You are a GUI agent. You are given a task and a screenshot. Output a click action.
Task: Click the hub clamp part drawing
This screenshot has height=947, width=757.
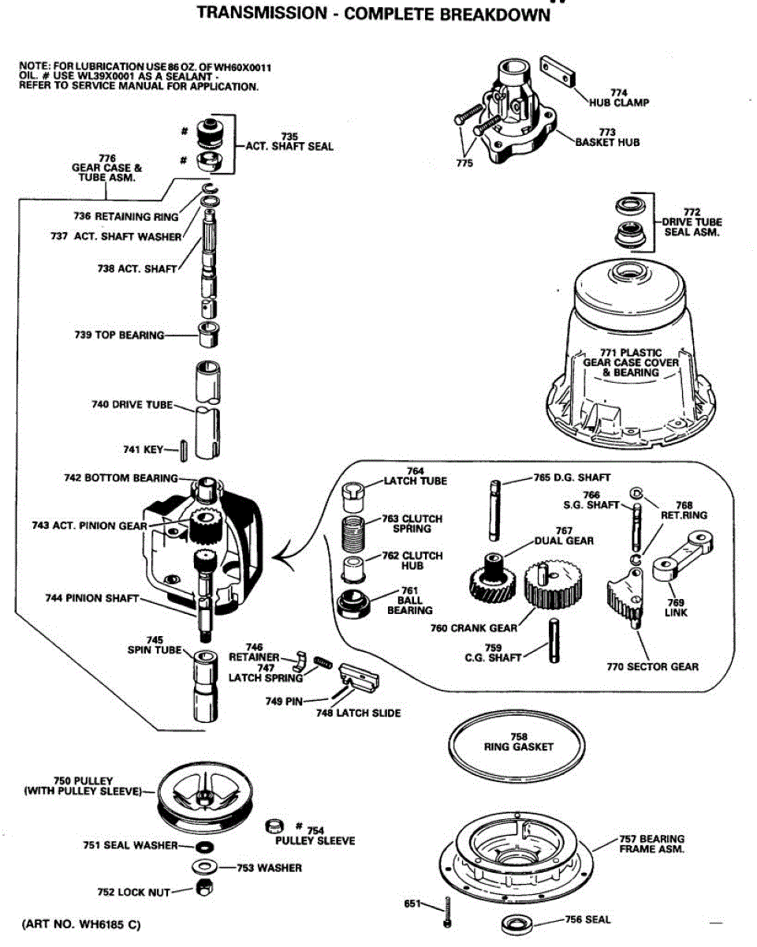pyautogui.click(x=557, y=71)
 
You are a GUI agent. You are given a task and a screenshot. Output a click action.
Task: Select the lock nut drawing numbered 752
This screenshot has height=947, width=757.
pyautogui.click(x=203, y=888)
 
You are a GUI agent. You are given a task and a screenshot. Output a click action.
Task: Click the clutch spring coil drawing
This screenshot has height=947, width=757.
pyautogui.click(x=352, y=533)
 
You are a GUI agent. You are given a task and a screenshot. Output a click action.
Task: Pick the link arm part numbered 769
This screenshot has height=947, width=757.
pyautogui.click(x=682, y=556)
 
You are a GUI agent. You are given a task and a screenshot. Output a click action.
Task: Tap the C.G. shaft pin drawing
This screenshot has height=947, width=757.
pyautogui.click(x=554, y=640)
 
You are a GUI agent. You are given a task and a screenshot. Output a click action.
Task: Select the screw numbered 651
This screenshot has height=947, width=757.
pyautogui.click(x=447, y=912)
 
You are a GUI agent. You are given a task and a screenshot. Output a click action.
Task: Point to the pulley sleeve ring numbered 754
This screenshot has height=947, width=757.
pyautogui.click(x=274, y=825)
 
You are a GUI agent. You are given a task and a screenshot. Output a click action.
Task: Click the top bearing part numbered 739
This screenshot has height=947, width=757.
pyautogui.click(x=209, y=335)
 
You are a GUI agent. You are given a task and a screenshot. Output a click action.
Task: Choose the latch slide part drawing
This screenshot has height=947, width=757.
pyautogui.click(x=358, y=676)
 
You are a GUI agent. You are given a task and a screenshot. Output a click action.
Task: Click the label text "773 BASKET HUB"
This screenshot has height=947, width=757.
pyautogui.click(x=607, y=137)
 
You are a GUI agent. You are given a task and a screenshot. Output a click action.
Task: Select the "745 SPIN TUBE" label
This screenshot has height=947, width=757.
pyautogui.click(x=155, y=645)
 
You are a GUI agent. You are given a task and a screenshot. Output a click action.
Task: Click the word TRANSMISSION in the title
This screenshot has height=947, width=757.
pyautogui.click(x=263, y=13)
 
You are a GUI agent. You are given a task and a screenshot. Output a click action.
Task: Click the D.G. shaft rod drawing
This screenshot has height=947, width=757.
pyautogui.click(x=495, y=511)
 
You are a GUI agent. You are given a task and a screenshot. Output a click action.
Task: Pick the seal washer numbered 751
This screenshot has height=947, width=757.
pyautogui.click(x=203, y=846)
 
